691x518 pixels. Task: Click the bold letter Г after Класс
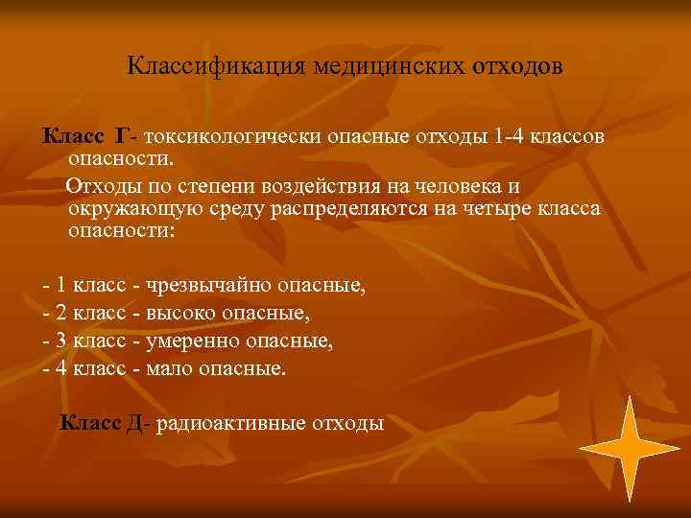(x=121, y=136)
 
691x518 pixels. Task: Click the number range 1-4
(x=512, y=136)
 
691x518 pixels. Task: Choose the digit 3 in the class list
(x=61, y=341)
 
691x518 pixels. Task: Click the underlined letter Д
(x=134, y=423)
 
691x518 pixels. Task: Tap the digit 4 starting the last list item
(x=61, y=368)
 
